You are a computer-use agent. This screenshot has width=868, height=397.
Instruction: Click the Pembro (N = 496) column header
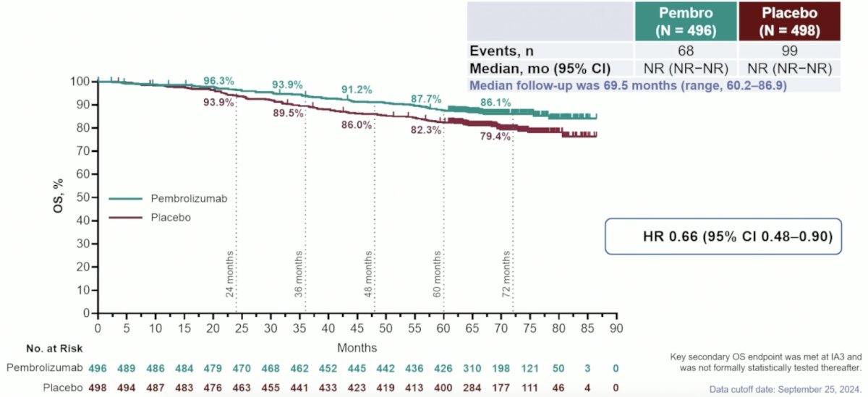coord(686,21)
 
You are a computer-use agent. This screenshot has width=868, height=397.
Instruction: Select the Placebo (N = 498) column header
coord(789,21)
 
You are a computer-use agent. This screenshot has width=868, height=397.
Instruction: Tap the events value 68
coord(686,51)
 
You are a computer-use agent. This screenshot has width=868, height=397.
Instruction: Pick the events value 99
coord(789,51)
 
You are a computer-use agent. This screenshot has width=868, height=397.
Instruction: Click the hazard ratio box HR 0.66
coord(723,236)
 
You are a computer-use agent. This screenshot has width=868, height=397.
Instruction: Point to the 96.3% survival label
coord(218,81)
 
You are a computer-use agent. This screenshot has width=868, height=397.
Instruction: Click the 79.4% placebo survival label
coord(495,137)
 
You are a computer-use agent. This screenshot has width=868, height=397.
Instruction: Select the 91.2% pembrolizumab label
coord(357,90)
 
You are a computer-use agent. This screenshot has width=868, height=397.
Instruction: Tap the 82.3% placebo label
coord(426,130)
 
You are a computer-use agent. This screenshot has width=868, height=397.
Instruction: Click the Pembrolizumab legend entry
coord(168,199)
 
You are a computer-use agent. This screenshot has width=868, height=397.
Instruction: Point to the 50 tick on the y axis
coord(84,197)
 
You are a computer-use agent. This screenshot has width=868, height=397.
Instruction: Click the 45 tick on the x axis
coord(357,328)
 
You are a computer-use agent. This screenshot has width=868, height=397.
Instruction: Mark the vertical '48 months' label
coord(368,274)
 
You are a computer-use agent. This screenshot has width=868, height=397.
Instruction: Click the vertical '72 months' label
coord(506,274)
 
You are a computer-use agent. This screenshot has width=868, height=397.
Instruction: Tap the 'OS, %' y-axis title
coord(58,195)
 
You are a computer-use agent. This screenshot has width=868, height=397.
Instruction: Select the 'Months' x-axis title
coord(357,348)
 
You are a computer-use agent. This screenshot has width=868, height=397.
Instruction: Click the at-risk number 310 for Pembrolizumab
coord(472,368)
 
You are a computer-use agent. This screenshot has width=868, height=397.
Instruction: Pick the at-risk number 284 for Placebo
coord(472,388)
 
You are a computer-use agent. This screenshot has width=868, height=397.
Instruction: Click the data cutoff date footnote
coord(786,389)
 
